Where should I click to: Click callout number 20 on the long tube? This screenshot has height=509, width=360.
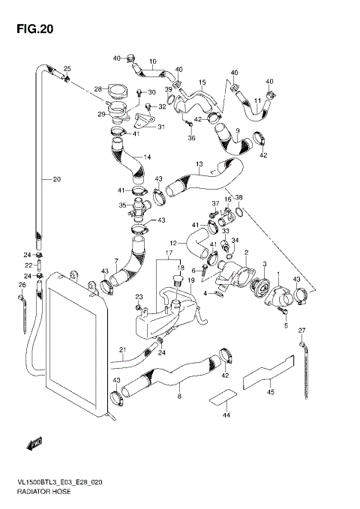pos(56,179)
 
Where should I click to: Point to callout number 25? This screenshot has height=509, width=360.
pos(67,68)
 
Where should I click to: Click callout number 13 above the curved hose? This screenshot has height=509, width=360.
pos(199,164)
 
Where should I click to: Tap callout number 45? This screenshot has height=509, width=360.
pos(271,390)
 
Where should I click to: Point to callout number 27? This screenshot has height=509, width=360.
pos(301,330)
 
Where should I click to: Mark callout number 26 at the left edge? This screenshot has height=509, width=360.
pos(21,285)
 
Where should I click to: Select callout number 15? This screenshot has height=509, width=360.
pos(202,81)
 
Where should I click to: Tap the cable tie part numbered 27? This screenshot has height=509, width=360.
pos(305,371)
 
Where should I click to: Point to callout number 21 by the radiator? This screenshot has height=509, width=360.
pos(122,349)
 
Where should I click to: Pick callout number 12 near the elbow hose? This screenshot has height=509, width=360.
pos(172,244)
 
